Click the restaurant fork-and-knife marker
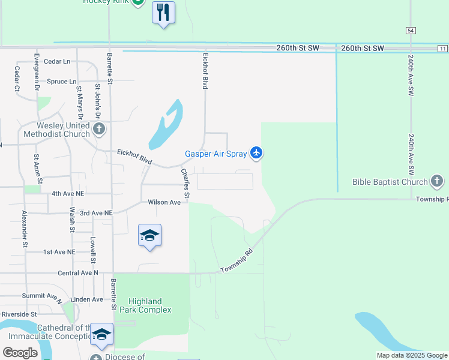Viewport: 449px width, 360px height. [x=163, y=13]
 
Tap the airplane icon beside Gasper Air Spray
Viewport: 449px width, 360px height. [x=256, y=154]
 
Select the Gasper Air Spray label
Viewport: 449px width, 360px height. [x=215, y=154]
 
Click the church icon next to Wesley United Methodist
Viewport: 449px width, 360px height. [x=100, y=128]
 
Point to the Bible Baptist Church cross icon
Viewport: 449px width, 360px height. [x=437, y=181]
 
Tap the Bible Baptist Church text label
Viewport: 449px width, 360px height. [x=390, y=182]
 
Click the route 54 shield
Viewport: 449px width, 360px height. [x=411, y=30]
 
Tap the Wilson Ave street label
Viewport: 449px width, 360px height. [x=164, y=203]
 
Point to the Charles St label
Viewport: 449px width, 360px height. [x=185, y=184]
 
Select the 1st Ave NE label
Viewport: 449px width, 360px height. [x=59, y=252]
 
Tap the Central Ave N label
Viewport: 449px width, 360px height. [x=77, y=273]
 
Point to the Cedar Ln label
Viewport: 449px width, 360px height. [x=57, y=62]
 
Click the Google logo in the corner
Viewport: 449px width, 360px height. [x=20, y=353]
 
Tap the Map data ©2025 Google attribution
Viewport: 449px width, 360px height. [x=412, y=355]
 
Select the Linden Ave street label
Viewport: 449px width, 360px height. [x=86, y=299]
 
